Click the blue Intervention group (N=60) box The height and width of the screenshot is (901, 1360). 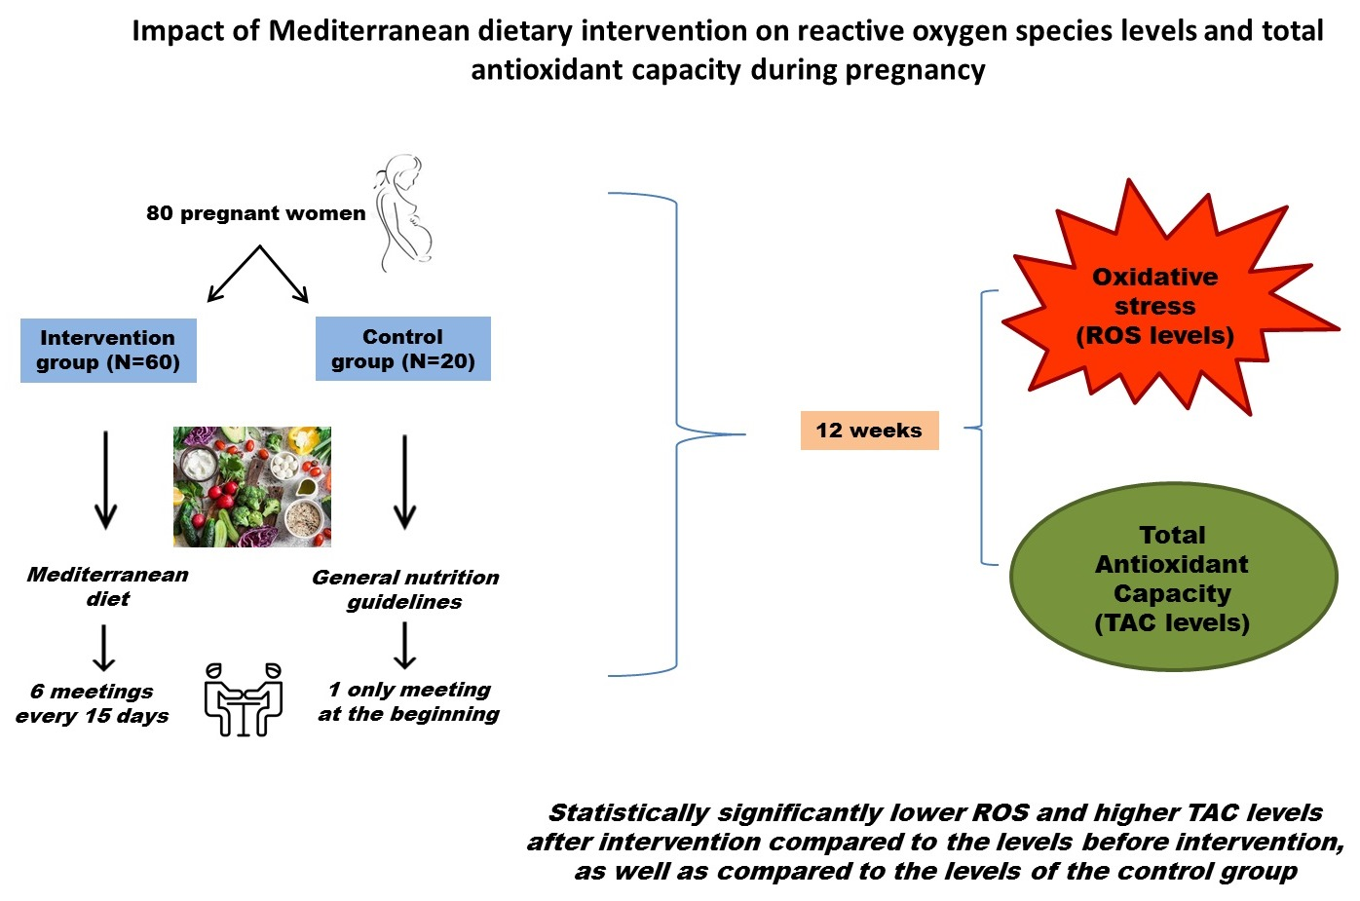108,351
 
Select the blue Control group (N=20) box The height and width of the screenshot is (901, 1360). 402,349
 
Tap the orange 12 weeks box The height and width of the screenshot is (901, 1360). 869,431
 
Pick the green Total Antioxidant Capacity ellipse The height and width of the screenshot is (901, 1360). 1173,578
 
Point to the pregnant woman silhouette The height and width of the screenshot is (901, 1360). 402,212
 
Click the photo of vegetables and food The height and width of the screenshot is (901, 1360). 252,486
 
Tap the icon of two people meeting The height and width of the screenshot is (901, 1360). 244,699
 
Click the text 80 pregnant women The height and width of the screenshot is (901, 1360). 255,213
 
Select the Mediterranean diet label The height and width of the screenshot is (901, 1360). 107,586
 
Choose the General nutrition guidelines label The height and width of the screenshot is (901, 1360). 405,589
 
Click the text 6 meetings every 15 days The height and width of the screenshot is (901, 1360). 93,703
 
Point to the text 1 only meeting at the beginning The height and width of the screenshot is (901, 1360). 409,701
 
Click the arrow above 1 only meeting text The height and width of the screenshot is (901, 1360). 404,645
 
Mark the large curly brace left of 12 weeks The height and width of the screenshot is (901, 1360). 676,433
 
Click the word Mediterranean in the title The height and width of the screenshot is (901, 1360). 369,31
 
